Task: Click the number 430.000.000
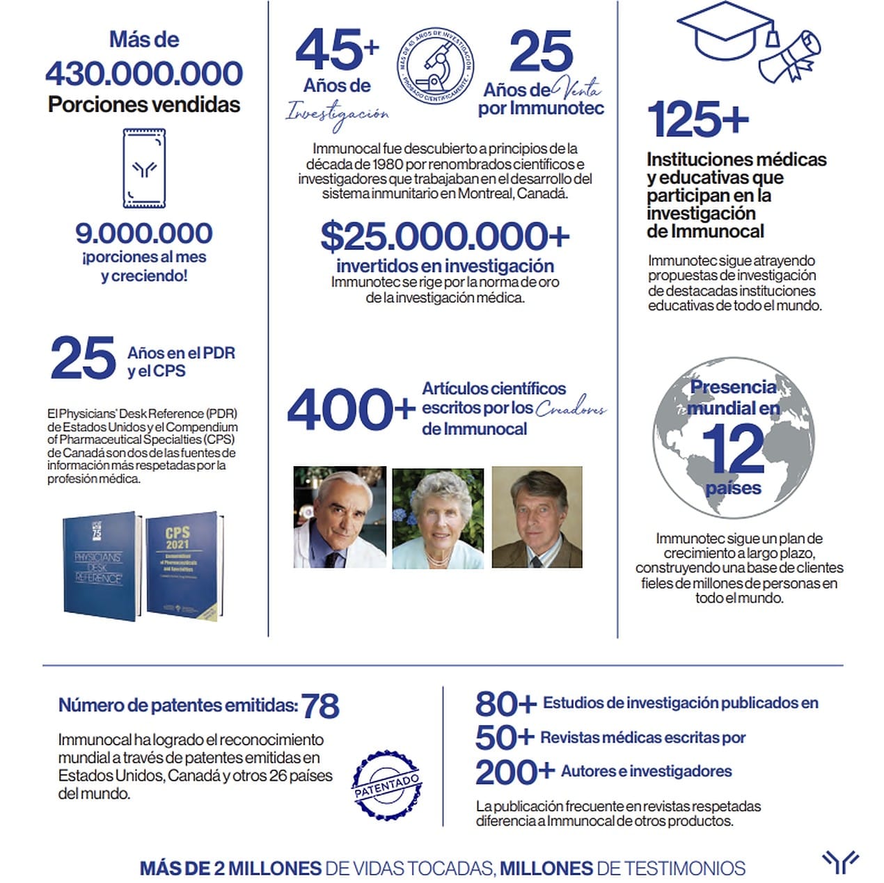[x=144, y=74]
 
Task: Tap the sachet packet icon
[x=144, y=168]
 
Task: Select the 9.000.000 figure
[x=144, y=233]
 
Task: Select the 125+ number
[x=697, y=120]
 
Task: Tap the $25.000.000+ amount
[x=445, y=237]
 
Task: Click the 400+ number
[x=351, y=410]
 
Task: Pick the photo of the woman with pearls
[x=438, y=518]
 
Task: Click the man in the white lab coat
[x=340, y=516]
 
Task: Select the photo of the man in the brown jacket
[x=537, y=516]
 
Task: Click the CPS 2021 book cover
[x=184, y=567]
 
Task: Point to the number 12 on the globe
[x=733, y=449]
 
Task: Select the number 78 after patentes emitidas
[x=320, y=706]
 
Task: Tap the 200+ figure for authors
[x=514, y=772]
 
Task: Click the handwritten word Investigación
[x=338, y=115]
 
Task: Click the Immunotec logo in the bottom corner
[x=840, y=862]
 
